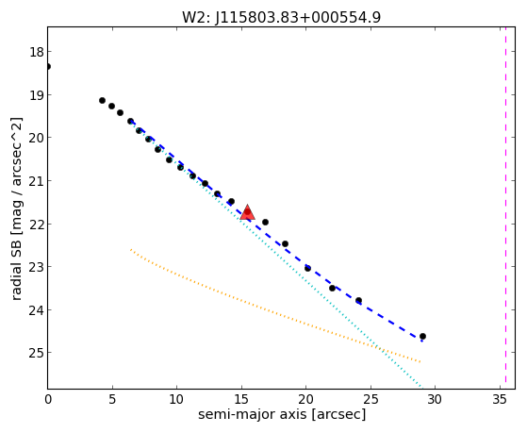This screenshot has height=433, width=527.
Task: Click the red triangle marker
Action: coord(247,212)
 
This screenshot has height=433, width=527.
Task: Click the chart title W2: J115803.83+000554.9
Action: coord(281,17)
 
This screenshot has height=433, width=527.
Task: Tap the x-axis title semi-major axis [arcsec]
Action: coord(282,414)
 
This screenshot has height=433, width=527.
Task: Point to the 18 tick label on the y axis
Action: coord(37,52)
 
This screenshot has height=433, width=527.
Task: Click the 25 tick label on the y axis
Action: coord(37,353)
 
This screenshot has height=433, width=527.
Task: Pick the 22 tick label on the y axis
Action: coord(37,224)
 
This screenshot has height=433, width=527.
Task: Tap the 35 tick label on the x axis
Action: coord(500,400)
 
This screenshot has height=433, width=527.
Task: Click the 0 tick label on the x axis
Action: coord(48,400)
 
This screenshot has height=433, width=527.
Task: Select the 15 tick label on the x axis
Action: coord(241,400)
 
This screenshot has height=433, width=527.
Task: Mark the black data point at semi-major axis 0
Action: coord(48,67)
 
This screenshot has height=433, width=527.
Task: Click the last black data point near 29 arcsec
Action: coord(422,336)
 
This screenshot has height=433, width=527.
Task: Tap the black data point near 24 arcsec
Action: coord(358,300)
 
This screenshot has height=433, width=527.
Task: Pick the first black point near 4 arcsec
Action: coord(102,100)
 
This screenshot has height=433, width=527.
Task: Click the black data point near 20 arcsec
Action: coord(307,268)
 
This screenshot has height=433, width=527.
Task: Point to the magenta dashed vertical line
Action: coord(505,208)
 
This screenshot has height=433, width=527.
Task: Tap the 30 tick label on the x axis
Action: coord(435,400)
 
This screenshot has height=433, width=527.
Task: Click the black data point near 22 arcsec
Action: coord(333,288)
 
